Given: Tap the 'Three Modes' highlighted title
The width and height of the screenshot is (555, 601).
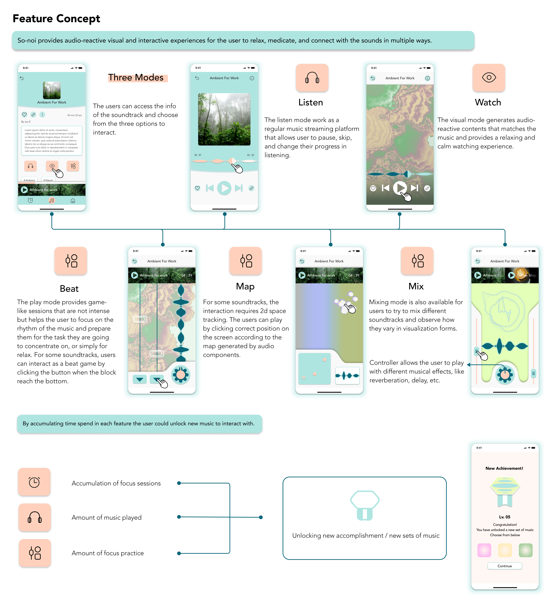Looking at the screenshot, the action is (x=136, y=77).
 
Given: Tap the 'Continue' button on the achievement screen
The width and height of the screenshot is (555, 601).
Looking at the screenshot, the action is (x=505, y=566).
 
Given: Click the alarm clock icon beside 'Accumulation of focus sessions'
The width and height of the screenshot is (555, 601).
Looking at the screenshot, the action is (x=34, y=482).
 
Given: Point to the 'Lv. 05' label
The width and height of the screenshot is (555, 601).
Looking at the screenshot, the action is (x=505, y=517).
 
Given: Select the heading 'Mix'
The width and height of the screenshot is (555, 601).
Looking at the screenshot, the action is (x=416, y=286).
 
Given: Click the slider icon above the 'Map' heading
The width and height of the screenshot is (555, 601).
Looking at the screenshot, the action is (x=246, y=261).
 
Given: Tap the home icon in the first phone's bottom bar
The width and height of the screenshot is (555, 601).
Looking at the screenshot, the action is (x=73, y=201).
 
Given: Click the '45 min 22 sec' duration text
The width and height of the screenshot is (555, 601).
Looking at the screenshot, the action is (x=74, y=115).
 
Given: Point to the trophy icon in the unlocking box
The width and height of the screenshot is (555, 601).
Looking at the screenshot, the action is (x=365, y=505).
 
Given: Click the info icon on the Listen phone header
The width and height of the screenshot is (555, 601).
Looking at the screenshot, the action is (x=252, y=78).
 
